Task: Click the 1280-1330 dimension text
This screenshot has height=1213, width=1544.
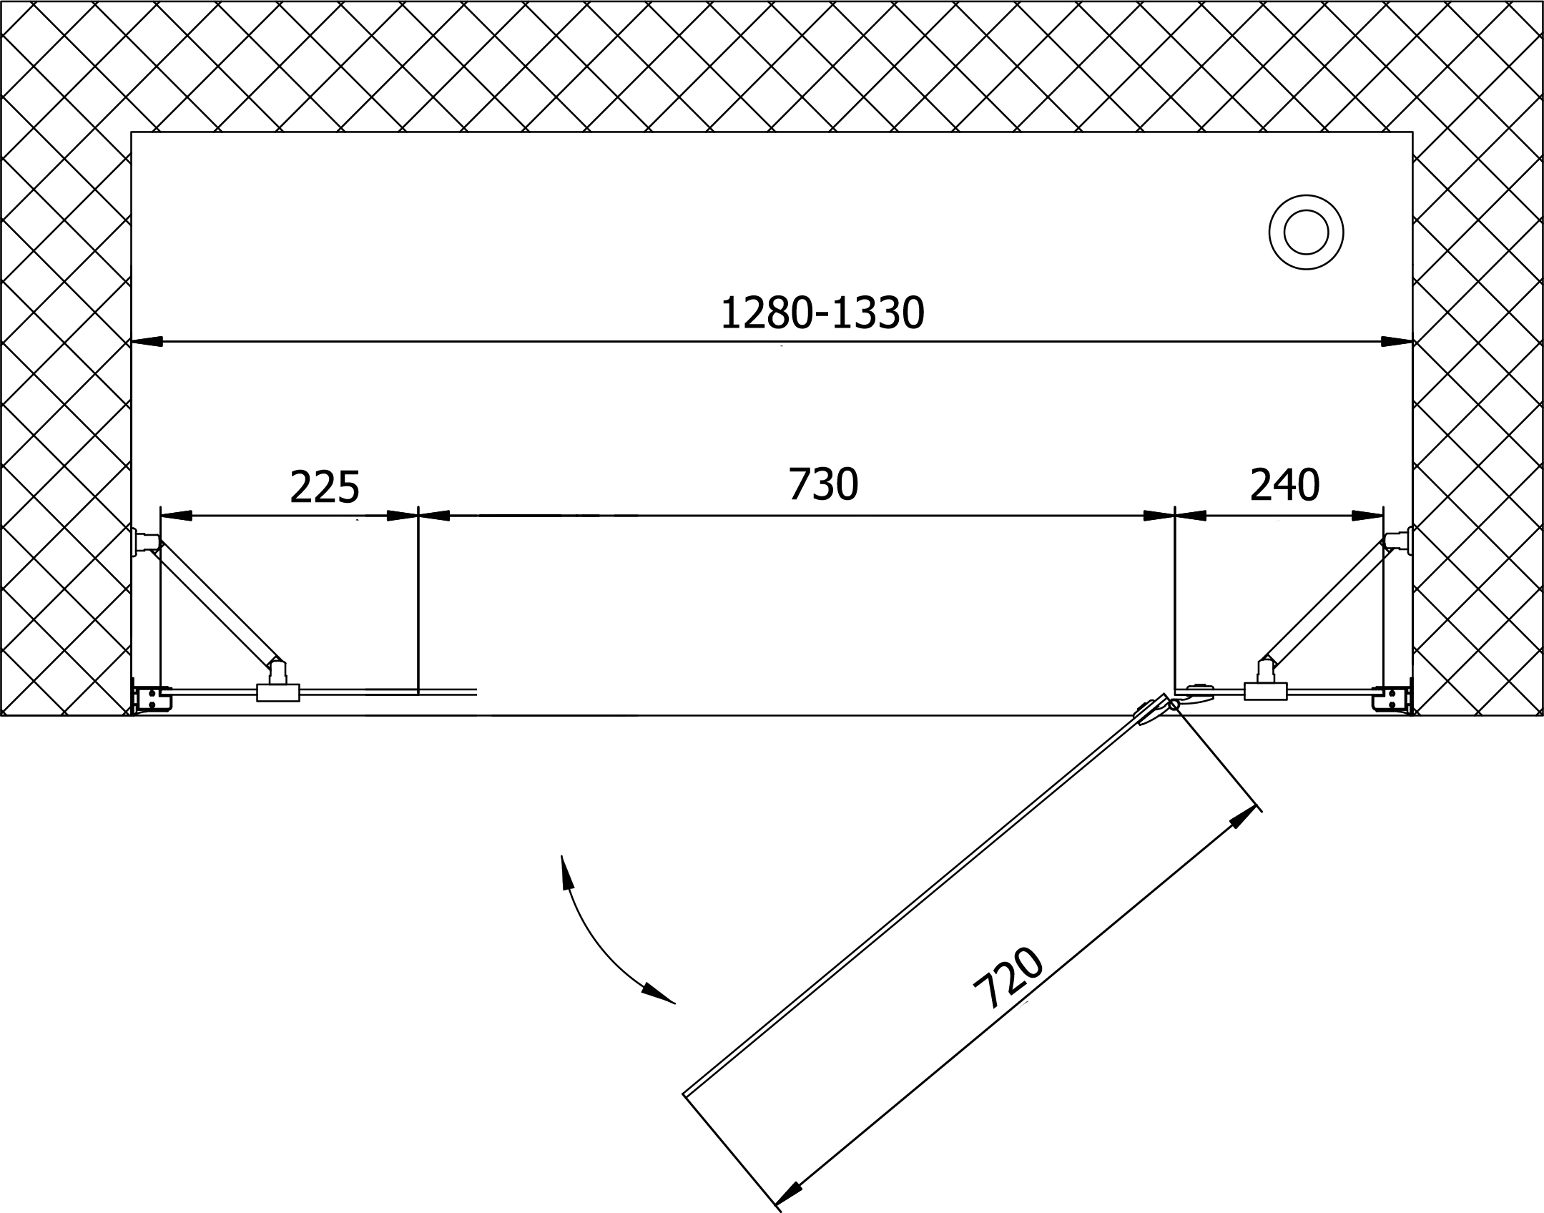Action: pyautogui.click(x=822, y=314)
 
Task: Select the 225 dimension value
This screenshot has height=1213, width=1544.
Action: pyautogui.click(x=324, y=486)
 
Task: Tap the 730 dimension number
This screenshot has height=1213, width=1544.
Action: pyautogui.click(x=822, y=484)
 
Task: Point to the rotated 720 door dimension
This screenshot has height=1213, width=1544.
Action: pyautogui.click(x=1009, y=977)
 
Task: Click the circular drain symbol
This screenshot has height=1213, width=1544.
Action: pyautogui.click(x=1306, y=232)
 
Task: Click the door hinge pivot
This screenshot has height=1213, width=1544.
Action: pyautogui.click(x=1174, y=705)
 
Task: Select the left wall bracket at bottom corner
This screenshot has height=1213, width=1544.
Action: pyautogui.click(x=152, y=699)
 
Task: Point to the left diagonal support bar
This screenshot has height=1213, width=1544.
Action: pyautogui.click(x=217, y=601)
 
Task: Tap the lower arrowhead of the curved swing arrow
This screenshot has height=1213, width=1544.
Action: pyautogui.click(x=659, y=994)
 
